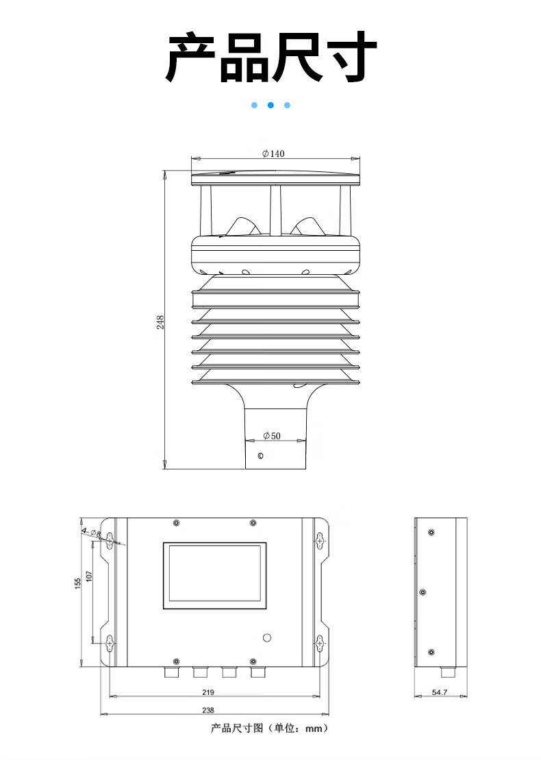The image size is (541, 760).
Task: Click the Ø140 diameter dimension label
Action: click(274, 154)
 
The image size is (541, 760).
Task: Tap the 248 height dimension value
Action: click(160, 322)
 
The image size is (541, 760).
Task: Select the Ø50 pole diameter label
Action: click(272, 436)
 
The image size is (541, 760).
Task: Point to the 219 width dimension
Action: click(207, 691)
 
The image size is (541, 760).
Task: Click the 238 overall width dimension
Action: click(207, 710)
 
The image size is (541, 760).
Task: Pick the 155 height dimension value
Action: click(78, 584)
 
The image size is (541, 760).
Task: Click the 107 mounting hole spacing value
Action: click(89, 576)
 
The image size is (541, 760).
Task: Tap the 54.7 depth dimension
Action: click(439, 692)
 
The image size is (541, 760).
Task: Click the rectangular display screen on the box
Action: click(214, 576)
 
